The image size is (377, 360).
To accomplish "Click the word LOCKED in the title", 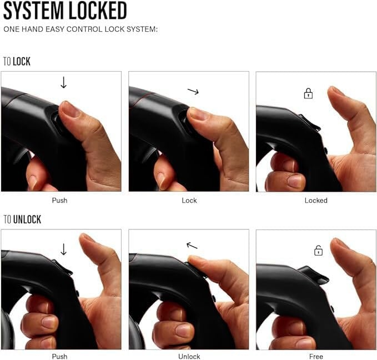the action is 98,11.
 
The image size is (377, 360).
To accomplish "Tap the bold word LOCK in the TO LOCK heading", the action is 22,61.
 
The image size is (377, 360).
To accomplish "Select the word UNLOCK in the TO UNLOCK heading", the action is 27,219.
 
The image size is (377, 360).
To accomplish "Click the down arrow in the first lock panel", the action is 63,83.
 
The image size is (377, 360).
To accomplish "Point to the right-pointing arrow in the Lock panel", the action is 193,91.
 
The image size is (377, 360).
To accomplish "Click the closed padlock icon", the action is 308,93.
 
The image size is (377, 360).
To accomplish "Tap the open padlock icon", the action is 318,251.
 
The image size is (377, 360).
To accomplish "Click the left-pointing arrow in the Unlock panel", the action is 192,246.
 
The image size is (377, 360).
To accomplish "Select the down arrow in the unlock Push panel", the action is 63,249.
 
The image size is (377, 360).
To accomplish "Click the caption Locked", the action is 316,201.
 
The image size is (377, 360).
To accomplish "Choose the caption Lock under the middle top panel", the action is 189,201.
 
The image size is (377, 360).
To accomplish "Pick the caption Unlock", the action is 189,357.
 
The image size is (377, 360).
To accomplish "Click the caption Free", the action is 316,357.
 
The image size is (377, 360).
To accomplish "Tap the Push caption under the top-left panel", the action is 59,201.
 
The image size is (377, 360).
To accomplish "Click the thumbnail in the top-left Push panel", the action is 70,109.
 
